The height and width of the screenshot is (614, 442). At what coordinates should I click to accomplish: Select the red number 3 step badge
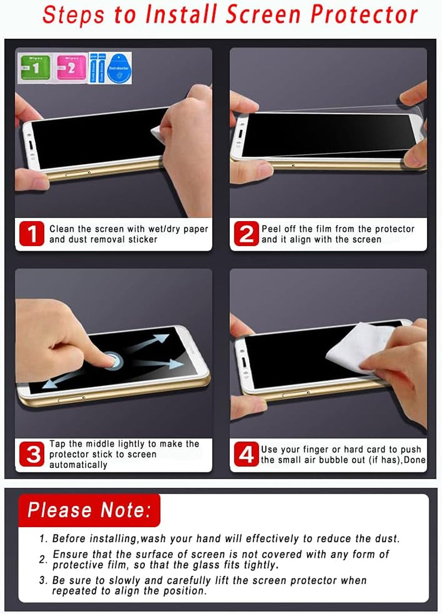click(31, 454)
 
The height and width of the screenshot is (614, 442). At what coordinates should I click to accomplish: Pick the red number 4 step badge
click(245, 454)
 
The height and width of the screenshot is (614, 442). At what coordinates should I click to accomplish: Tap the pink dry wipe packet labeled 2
click(72, 68)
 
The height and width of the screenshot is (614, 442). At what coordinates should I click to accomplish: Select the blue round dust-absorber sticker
click(119, 68)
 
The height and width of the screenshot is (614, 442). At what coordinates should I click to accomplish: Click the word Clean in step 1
click(61, 229)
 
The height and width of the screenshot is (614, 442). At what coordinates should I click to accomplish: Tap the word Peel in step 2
click(271, 229)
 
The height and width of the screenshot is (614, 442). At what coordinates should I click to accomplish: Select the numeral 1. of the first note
click(43, 539)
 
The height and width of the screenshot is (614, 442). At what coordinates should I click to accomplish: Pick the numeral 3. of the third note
click(43, 581)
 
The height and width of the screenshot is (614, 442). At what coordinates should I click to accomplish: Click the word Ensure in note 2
click(69, 554)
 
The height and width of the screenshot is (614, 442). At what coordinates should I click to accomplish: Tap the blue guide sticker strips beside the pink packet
click(97, 68)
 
